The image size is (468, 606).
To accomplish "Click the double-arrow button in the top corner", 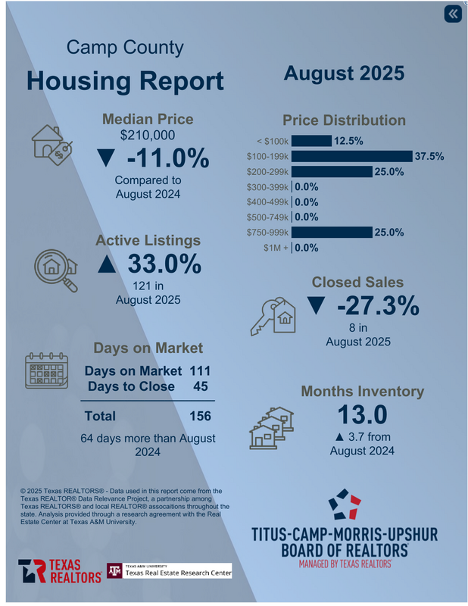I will [x=452, y=14].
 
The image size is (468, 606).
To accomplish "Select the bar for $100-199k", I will [x=351, y=156].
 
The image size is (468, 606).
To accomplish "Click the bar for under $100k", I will [x=311, y=141].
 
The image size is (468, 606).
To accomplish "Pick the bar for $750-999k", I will [x=332, y=232].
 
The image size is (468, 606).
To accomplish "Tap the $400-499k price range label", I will [x=268, y=202].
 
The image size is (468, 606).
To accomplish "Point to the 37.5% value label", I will [x=429, y=156].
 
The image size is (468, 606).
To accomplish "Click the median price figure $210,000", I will [x=148, y=136].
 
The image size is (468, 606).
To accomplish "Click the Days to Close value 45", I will [x=200, y=386].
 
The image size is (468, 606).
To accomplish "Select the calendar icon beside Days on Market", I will [x=47, y=371].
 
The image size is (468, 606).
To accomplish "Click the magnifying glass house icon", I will [x=56, y=268].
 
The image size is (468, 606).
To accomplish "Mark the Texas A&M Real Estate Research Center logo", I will [x=168, y=570].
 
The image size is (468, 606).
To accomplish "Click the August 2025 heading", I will [x=344, y=73].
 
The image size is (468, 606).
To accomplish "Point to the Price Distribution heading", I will [x=344, y=120].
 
